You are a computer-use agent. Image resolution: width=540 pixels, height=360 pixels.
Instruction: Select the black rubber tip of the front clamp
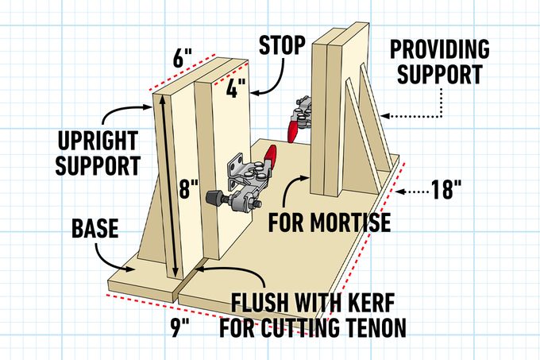pyautogui.click(x=212, y=195)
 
